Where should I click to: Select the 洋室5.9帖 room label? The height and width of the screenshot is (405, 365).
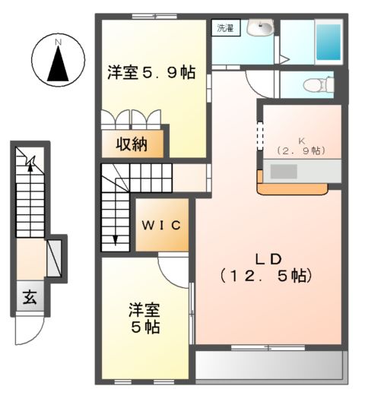point(151,73)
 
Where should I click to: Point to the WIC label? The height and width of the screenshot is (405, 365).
point(161,225)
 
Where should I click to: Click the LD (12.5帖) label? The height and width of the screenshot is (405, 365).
point(265,265)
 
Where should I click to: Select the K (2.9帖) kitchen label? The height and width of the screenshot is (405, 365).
point(301,146)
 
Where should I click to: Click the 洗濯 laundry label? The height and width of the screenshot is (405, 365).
point(224,29)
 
